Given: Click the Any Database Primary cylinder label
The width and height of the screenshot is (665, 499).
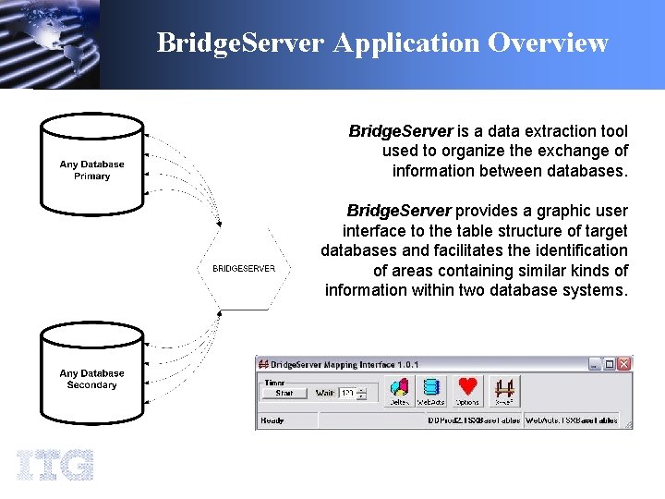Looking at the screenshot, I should click(91, 170).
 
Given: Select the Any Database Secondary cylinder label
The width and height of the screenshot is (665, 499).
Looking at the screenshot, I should click(91, 379).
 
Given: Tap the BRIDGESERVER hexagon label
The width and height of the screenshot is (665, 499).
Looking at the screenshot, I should click(244, 269).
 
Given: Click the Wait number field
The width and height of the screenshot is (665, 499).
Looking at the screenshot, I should click(348, 393).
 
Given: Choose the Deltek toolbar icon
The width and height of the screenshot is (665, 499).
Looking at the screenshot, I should click(399, 390).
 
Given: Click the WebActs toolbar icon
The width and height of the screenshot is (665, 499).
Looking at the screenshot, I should click(431, 390).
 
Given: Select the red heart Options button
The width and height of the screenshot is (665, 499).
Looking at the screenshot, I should click(467, 390).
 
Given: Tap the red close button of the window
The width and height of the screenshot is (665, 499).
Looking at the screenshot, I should click(625, 364).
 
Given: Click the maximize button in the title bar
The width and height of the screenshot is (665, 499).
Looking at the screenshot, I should click(610, 364).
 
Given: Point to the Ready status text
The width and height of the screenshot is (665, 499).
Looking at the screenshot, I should click(273, 420).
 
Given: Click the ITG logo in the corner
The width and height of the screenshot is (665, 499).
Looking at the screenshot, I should click(54, 464).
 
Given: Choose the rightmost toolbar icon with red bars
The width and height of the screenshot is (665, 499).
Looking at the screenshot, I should click(504, 390).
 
